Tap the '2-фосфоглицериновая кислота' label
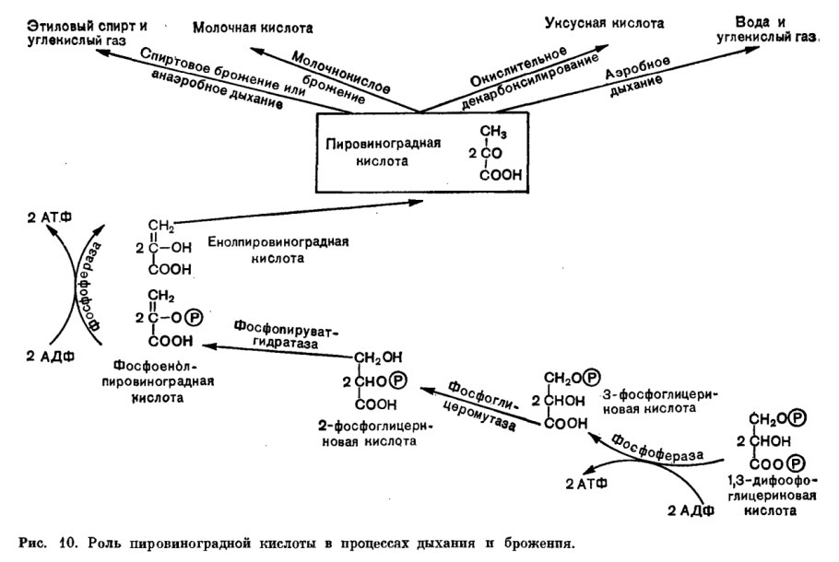point(365,434)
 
